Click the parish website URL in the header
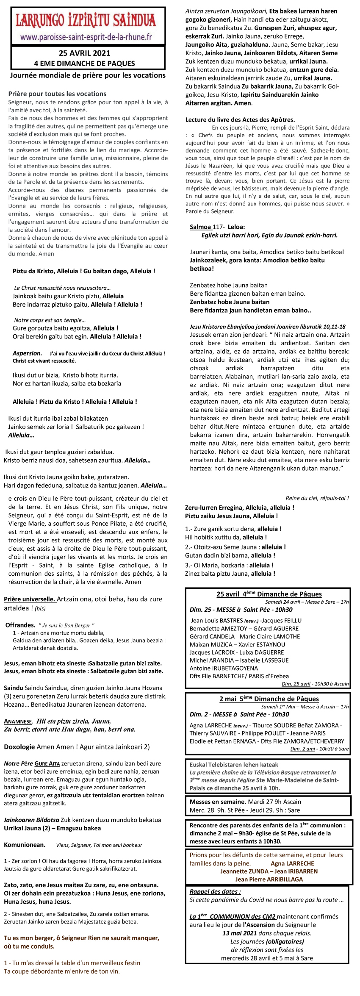point(86,37)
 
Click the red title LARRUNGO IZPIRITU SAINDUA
point(86,20)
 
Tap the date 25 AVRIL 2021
point(85,53)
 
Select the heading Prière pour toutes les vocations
point(57,94)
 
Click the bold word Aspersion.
point(27,353)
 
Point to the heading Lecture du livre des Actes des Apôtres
point(240,119)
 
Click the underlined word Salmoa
point(200,227)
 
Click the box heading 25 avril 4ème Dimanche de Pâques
point(269,594)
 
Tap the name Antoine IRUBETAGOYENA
point(224,668)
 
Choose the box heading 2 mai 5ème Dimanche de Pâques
point(269,699)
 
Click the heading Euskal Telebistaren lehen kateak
point(234,765)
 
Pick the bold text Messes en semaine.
point(218,802)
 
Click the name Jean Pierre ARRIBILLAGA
point(269,879)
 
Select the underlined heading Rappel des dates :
point(215,891)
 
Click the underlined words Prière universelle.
point(30,599)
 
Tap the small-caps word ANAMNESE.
point(18,721)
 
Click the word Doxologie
point(19,747)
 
